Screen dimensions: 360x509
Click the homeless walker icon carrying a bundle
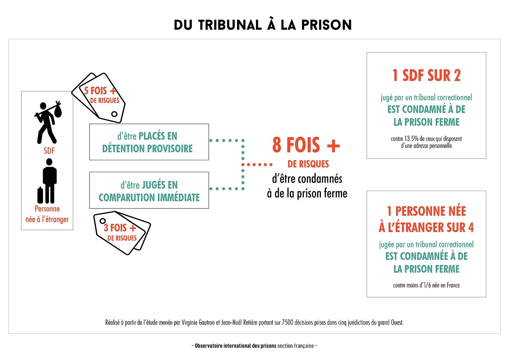pos(47,122)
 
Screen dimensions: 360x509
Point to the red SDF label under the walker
pos(49,151)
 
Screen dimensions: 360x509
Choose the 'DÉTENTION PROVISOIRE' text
pos(147,149)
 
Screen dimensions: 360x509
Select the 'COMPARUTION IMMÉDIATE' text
pos(149,198)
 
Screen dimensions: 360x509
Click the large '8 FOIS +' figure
pos(306,145)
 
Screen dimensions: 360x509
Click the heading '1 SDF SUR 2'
pos(426,76)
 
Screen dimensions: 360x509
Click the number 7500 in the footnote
pos(288,323)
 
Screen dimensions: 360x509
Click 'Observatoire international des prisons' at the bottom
pos(235,346)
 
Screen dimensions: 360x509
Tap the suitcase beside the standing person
pos(40,196)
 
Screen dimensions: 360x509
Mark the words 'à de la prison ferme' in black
pos(307,193)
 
